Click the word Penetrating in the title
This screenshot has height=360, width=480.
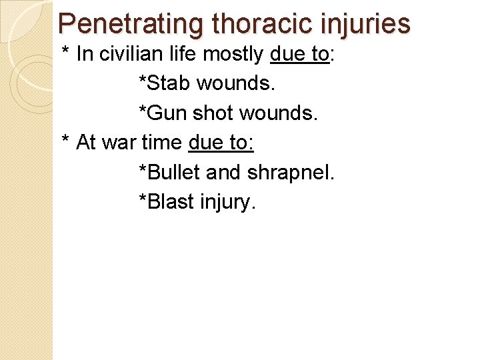click(131, 24)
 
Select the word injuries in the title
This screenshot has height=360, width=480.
click(367, 24)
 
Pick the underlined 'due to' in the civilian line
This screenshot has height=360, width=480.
click(300, 55)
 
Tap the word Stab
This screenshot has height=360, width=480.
click(163, 84)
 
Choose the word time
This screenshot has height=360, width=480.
click(163, 143)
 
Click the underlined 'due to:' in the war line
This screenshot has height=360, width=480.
click(221, 143)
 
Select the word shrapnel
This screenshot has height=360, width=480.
click(291, 172)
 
